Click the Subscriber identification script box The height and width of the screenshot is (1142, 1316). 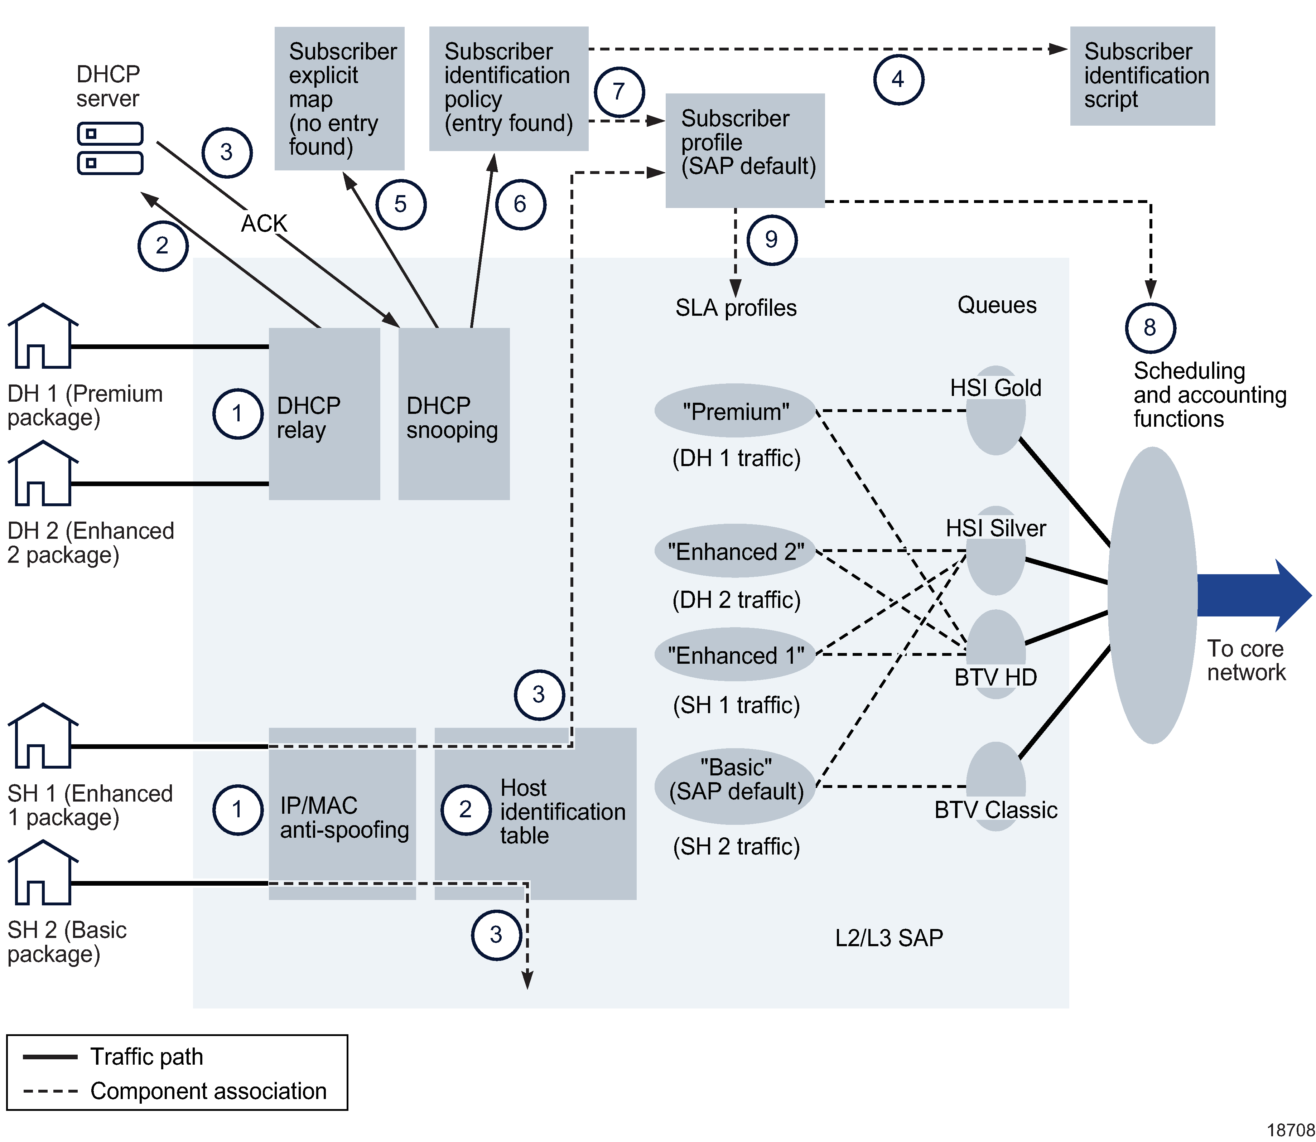click(1142, 76)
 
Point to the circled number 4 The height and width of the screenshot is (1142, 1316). click(898, 80)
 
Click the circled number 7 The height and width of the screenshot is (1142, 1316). click(619, 92)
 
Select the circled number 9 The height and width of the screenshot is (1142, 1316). click(772, 239)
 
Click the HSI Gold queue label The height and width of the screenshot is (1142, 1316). click(996, 387)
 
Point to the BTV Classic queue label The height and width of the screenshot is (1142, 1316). click(996, 810)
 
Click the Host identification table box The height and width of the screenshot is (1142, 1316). click(535, 813)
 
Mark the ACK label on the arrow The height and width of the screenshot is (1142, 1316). click(264, 224)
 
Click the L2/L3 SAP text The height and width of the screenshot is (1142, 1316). click(889, 938)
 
